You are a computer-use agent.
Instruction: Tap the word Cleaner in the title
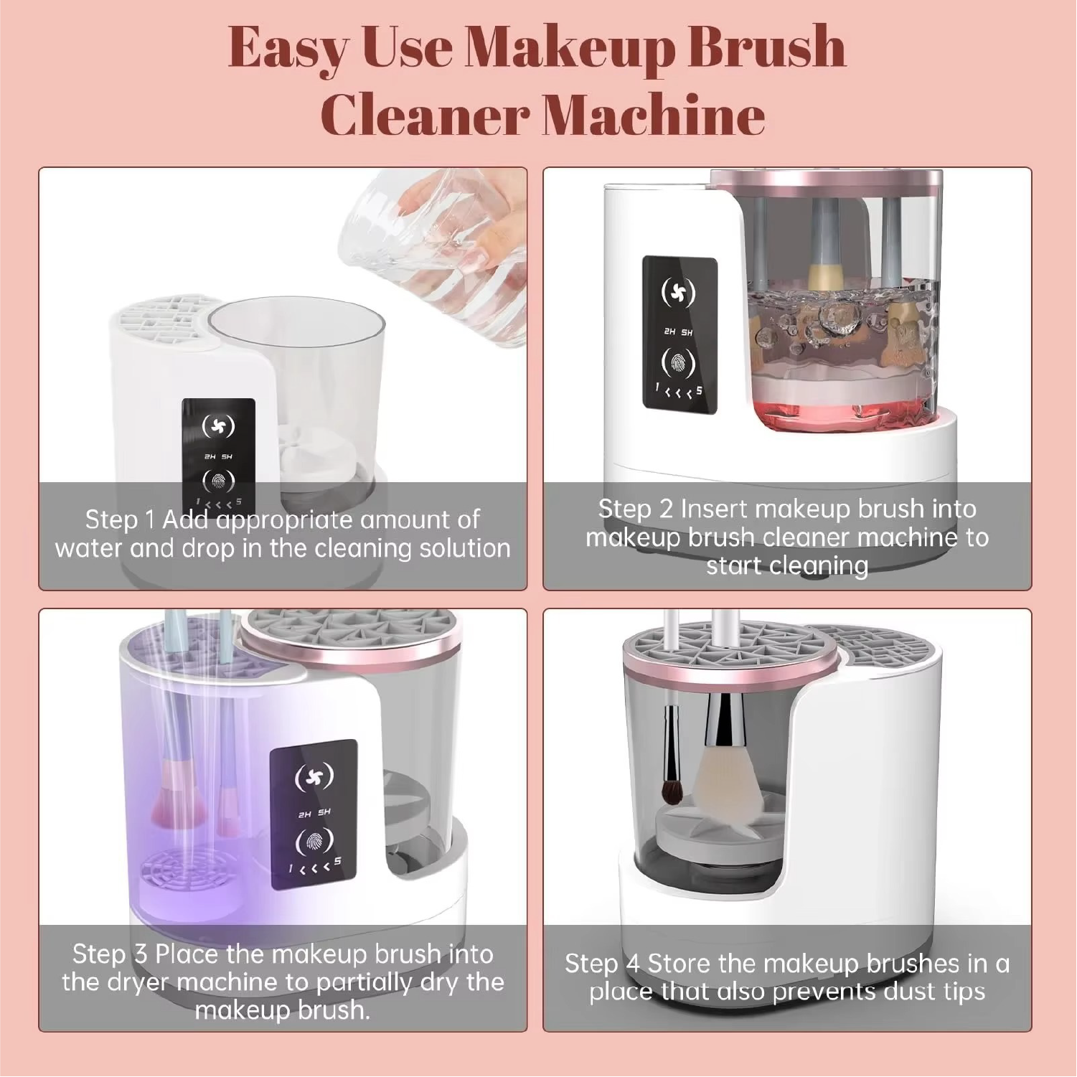(424, 115)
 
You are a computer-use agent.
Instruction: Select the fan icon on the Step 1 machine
(218, 426)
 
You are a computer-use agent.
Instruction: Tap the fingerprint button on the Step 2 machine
(678, 363)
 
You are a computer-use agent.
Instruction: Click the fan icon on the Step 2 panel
(678, 292)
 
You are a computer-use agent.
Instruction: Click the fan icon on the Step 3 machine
(314, 777)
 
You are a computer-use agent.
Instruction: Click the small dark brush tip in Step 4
(672, 790)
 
